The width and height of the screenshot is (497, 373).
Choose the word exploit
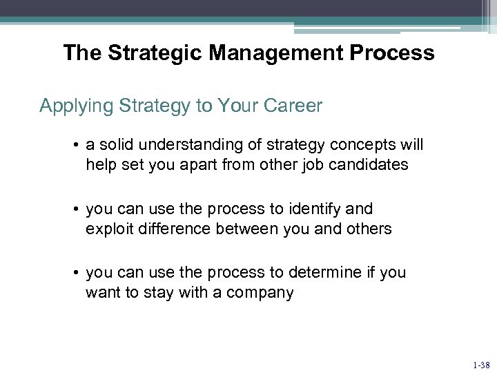pyautogui.click(x=108, y=229)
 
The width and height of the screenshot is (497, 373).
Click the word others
pyautogui.click(x=367, y=229)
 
